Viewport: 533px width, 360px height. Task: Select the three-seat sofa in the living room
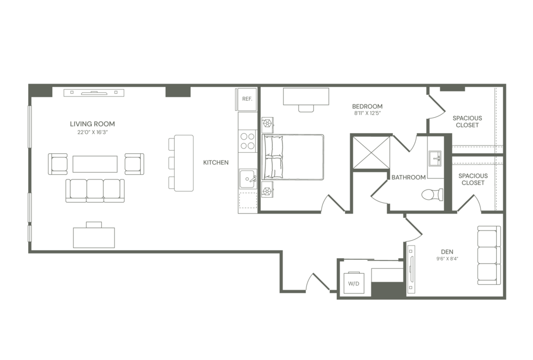[x=95, y=191]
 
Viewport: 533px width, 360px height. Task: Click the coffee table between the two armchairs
[x=95, y=163]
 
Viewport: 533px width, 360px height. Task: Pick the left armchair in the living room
[x=58, y=163]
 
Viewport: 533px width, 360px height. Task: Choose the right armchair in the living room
[x=134, y=163]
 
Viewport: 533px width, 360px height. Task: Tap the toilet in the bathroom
[x=432, y=194]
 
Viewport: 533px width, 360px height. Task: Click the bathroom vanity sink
[x=436, y=157]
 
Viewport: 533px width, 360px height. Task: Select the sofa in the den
[x=488, y=255]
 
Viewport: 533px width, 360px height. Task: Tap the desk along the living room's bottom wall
[x=94, y=236]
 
